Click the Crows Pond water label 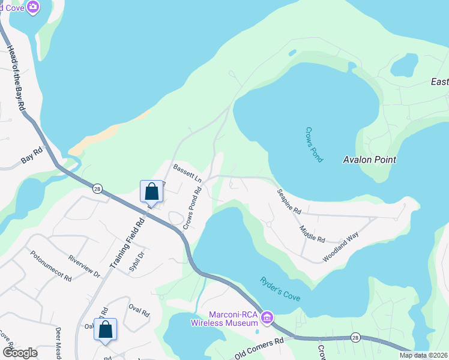tap(314, 145)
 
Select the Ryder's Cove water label tap(280, 290)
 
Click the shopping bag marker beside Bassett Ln tap(152, 192)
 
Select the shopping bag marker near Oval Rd tap(106, 329)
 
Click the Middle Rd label tap(312, 231)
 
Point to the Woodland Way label tap(340, 246)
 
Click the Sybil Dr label tap(137, 262)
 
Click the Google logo tap(20, 352)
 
